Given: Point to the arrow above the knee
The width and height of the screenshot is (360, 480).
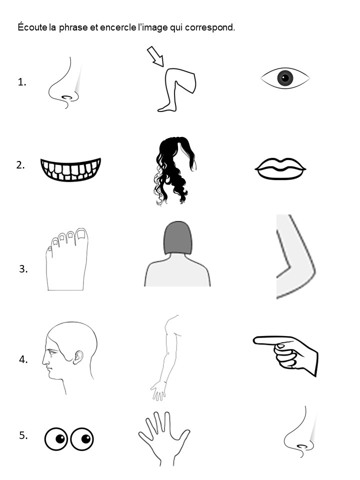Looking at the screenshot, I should click(156, 56).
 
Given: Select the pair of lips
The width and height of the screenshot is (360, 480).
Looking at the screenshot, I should click(280, 168).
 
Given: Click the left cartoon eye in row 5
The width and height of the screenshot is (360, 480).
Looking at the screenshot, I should click(56, 439).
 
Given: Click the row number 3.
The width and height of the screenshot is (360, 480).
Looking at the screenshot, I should click(23, 269).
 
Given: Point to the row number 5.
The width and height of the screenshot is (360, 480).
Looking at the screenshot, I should click(23, 435).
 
